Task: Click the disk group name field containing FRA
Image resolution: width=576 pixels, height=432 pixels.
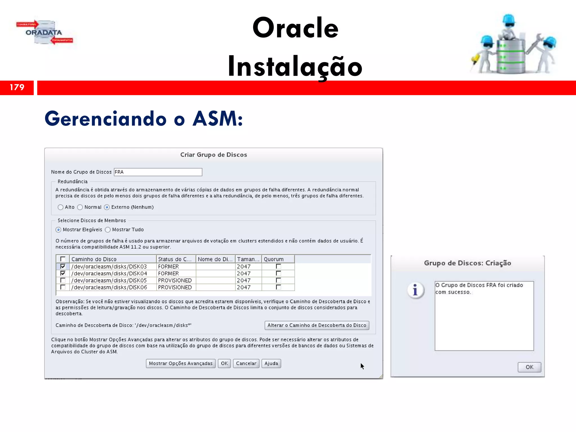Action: pos(158,172)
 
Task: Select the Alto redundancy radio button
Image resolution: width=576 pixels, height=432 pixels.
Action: pos(60,207)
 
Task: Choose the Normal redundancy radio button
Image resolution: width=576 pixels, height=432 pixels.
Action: pos(80,207)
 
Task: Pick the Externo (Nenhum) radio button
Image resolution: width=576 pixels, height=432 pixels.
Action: pos(107,207)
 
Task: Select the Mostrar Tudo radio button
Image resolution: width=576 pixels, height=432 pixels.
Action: pos(108,230)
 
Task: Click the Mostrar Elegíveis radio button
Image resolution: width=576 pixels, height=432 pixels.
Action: pos(58,230)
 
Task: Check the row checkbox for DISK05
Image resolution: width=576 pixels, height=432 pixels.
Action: pos(63,280)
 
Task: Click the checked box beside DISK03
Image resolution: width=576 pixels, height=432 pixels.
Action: pos(63,266)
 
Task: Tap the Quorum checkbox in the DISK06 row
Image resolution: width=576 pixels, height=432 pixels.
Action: pos(278,287)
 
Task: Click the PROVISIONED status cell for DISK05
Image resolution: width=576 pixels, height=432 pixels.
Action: pos(175,280)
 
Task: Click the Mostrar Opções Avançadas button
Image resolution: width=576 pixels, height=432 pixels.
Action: pos(181,363)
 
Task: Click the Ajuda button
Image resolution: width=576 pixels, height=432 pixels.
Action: pos(271,363)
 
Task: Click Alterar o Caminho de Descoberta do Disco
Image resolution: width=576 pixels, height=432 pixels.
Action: pos(317,325)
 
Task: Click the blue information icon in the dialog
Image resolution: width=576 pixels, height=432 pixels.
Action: pos(415,290)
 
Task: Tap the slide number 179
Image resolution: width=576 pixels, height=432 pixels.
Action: pos(17,87)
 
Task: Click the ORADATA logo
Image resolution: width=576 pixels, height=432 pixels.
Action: pos(44,32)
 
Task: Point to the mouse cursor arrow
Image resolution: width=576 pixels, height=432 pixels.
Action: pos(362,366)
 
